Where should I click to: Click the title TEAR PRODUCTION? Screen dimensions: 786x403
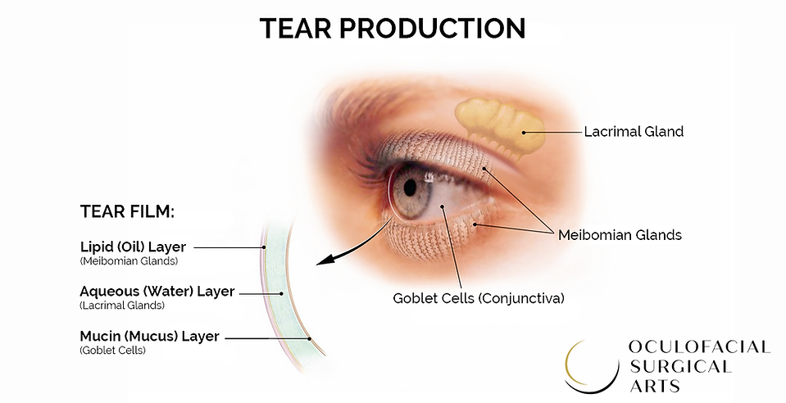coord(392,28)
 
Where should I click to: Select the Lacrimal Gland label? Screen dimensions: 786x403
coord(634,131)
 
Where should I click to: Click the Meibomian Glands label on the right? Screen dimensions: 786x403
coord(620,235)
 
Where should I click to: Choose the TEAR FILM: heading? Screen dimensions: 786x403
coord(127,212)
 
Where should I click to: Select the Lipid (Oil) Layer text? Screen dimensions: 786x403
coord(134,247)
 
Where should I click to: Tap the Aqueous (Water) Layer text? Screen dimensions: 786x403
coord(157,291)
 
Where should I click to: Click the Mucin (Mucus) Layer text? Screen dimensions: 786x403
coord(149,336)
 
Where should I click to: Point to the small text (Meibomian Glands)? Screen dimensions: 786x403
coord(129,261)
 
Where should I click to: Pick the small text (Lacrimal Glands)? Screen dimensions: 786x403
coord(122,306)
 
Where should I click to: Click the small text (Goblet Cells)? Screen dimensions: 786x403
coord(112,351)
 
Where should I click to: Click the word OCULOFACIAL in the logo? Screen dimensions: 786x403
coord(698,347)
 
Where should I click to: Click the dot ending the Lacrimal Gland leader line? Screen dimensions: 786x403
coord(523,131)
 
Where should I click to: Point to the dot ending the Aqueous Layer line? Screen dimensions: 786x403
coord(282,292)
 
